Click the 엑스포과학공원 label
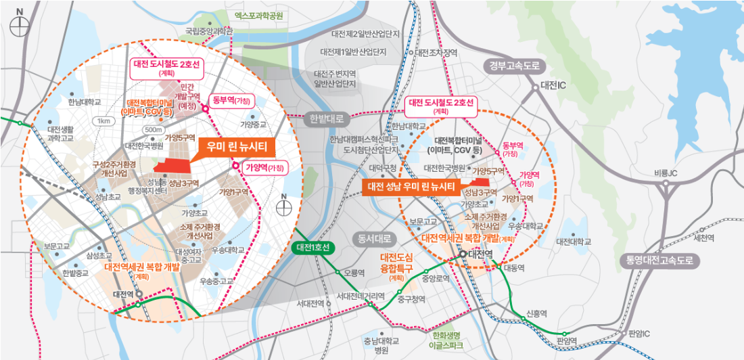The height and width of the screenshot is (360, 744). (259, 14)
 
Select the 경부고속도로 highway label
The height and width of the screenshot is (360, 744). (515, 66)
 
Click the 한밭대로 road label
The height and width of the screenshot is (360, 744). (326, 118)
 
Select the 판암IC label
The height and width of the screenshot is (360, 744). (639, 333)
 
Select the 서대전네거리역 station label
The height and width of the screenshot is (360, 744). (361, 296)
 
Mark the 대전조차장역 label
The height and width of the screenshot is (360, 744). (436, 52)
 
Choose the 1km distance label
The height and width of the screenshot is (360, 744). (104, 121)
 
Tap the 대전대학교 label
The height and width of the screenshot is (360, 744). (574, 242)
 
